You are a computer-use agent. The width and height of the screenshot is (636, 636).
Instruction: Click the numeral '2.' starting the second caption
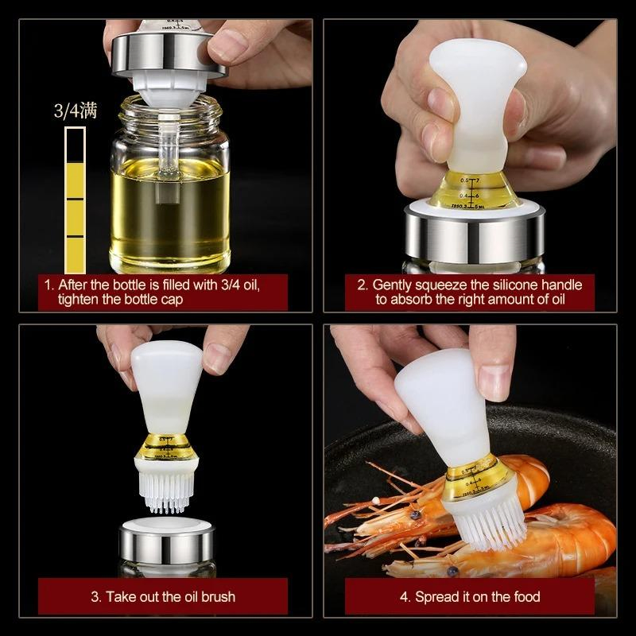[x=363, y=285]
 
